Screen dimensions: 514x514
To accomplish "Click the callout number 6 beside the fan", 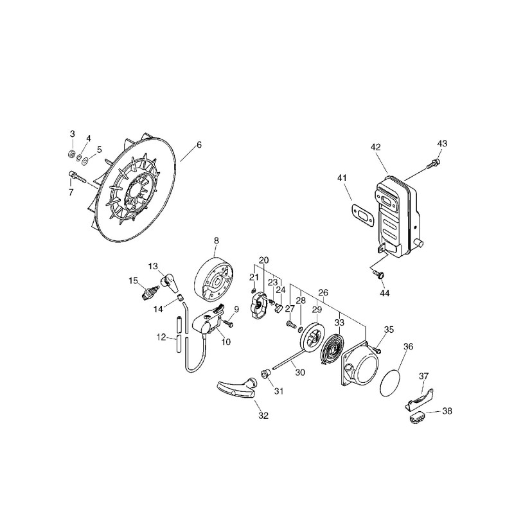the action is tap(199, 145).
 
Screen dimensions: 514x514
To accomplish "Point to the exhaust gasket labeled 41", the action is tap(362, 215).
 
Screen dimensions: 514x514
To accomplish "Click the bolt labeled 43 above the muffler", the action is tap(433, 163).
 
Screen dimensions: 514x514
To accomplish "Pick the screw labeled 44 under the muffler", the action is tap(378, 274).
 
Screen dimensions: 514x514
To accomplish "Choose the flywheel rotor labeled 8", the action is tap(213, 279).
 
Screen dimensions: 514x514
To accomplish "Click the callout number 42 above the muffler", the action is tap(376, 147).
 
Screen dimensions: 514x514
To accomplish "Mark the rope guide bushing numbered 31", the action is tap(265, 373).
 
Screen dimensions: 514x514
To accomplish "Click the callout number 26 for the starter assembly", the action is tap(323, 292).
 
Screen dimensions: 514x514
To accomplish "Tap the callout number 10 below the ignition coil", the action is tap(226, 342).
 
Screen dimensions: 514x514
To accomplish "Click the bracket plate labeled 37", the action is tap(420, 400).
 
